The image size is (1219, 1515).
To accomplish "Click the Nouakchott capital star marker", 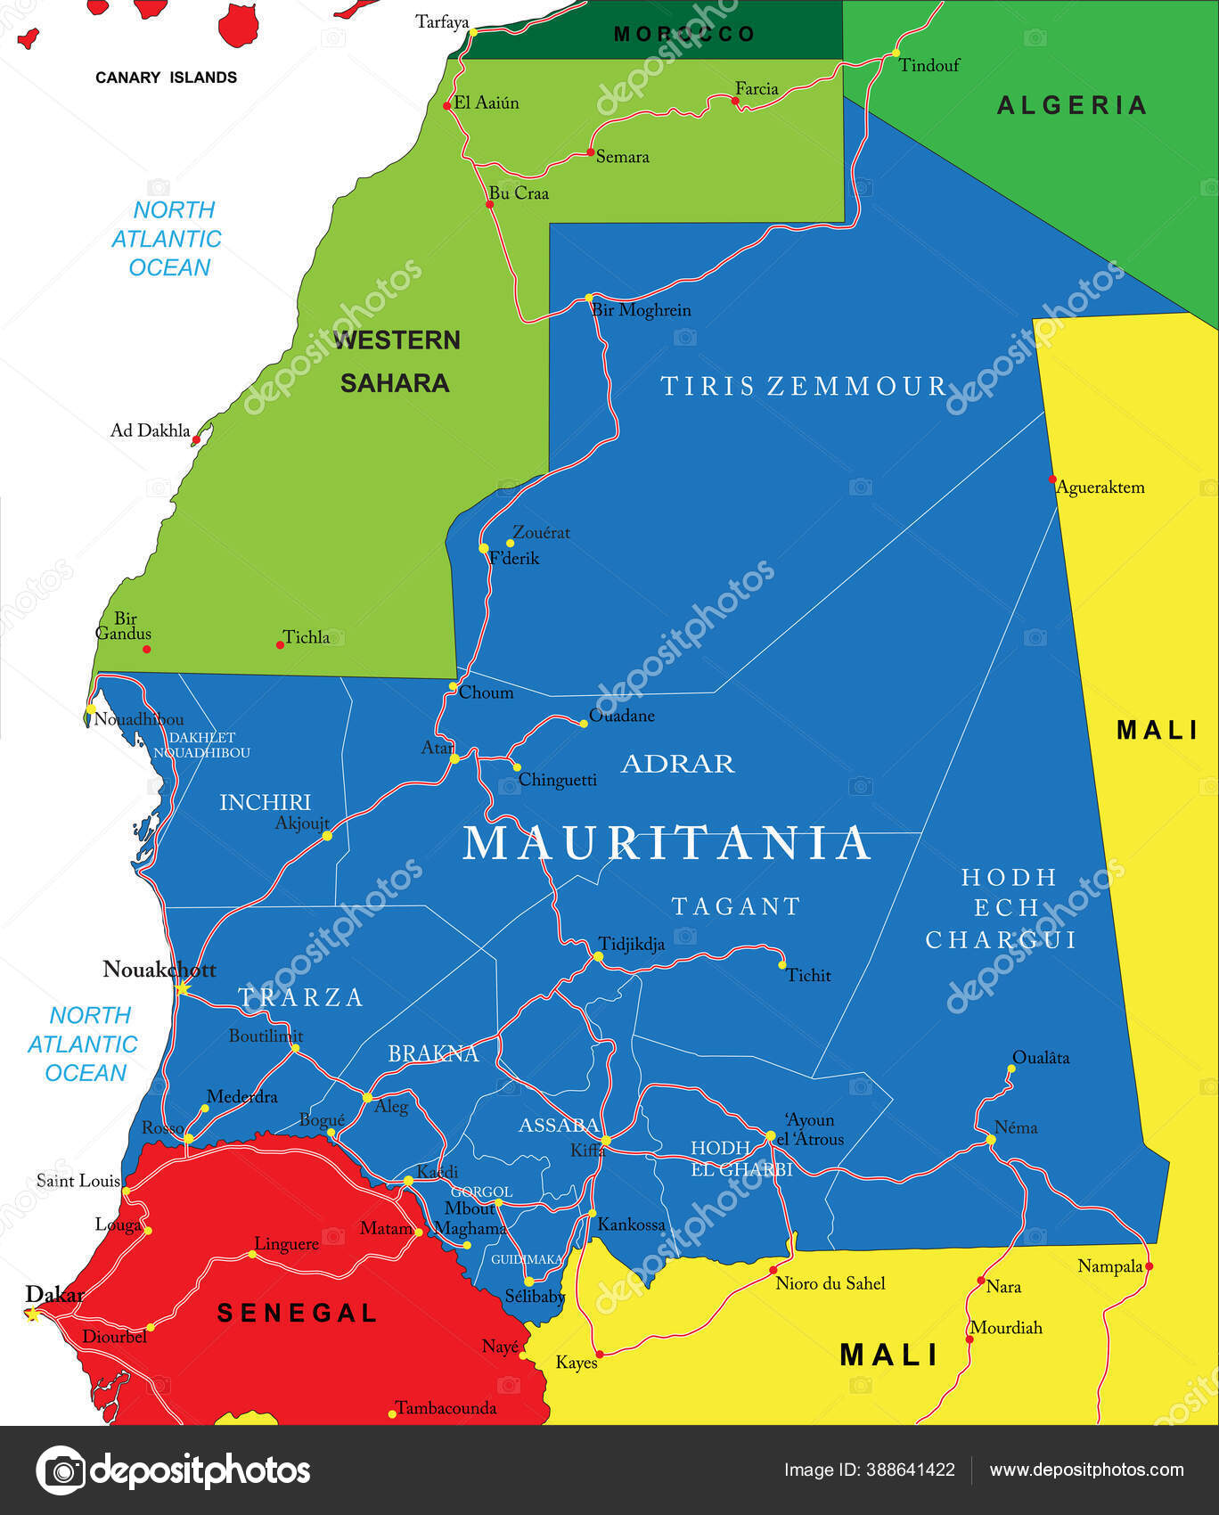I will coord(183,988).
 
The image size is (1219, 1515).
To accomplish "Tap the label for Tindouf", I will coord(929,65).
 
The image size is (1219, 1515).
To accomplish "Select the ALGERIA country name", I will coord(1072,105).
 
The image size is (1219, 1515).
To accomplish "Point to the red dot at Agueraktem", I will coord(1052,479).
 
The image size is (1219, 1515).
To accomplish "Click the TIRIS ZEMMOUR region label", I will coord(803,386).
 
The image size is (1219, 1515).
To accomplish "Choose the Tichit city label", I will coord(808,975).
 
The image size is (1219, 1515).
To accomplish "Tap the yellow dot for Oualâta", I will coord(1012,1069).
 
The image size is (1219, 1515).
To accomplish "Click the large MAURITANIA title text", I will coord(667,843).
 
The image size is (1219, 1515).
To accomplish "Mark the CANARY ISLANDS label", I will coord(166,78).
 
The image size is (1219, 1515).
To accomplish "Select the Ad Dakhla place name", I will coord(150,430).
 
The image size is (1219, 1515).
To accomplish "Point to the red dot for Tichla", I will coord(280,644).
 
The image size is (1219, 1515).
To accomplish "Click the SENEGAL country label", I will coord(298,1313).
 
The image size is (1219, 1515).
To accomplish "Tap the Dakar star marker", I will coord(33,1314).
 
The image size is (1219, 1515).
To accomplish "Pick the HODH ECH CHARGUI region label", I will coord(1001,908).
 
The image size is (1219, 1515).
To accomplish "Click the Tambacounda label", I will coord(446,1408).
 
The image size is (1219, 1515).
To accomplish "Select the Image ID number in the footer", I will coord(910,1470).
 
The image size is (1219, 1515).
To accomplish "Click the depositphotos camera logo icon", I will coord(61,1470).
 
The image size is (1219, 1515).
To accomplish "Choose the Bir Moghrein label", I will coord(641,310).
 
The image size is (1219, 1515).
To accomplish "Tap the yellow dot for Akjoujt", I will coord(327,836).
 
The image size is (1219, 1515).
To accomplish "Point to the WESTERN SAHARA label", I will coord(396,361).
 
